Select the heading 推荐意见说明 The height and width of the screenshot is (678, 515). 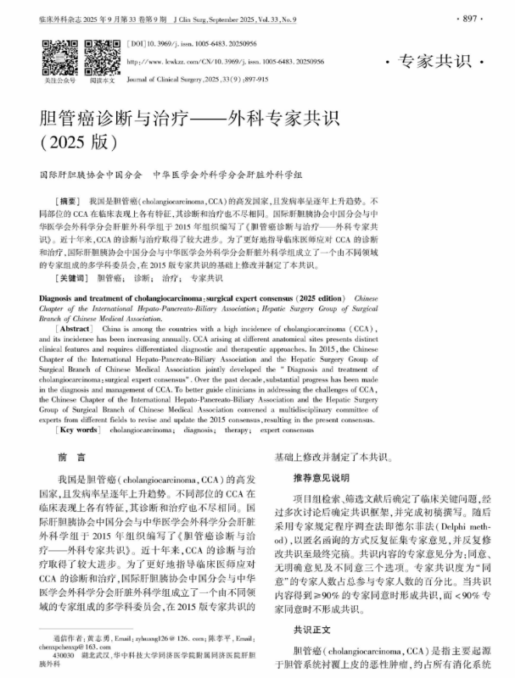315,477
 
